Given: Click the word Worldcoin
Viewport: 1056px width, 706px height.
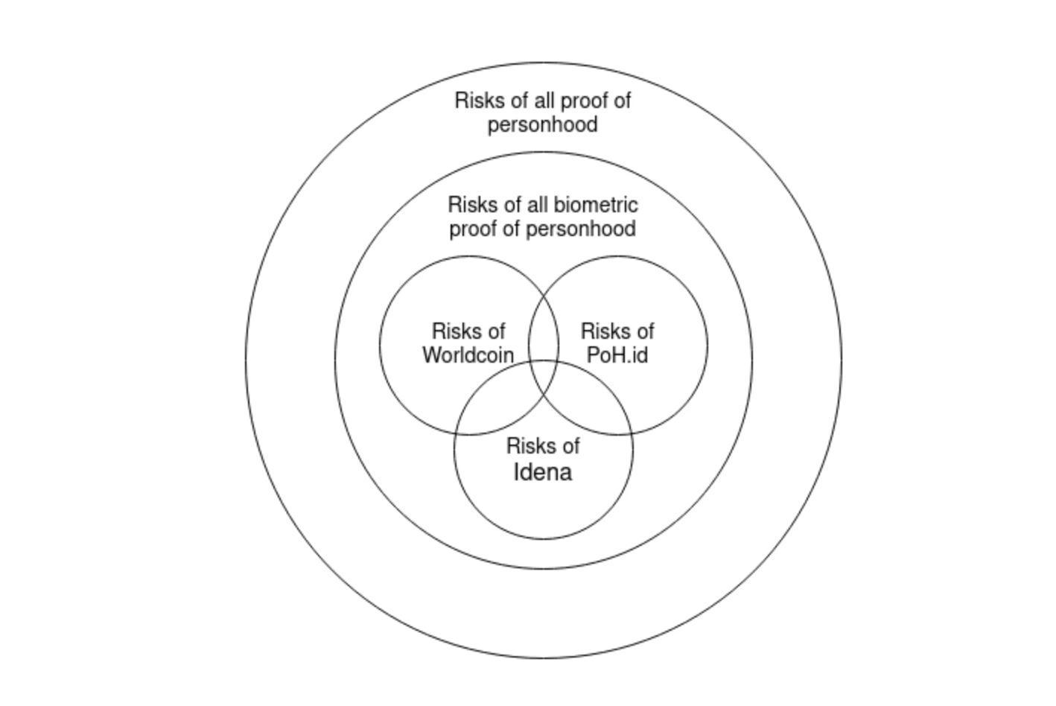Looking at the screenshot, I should [x=468, y=355].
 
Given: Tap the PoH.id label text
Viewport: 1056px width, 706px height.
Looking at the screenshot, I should [x=617, y=355].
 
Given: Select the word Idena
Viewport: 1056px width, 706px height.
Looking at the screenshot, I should [x=543, y=472].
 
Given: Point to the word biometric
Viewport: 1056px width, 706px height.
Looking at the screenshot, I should [x=596, y=205].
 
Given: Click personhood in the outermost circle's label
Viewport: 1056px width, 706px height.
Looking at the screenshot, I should [x=543, y=124].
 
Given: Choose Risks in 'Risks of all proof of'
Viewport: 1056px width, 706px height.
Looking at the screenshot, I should [x=477, y=101].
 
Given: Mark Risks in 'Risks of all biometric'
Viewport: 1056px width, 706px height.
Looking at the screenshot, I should [x=469, y=205].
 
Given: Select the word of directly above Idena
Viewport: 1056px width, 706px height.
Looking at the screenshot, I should [x=569, y=446].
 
